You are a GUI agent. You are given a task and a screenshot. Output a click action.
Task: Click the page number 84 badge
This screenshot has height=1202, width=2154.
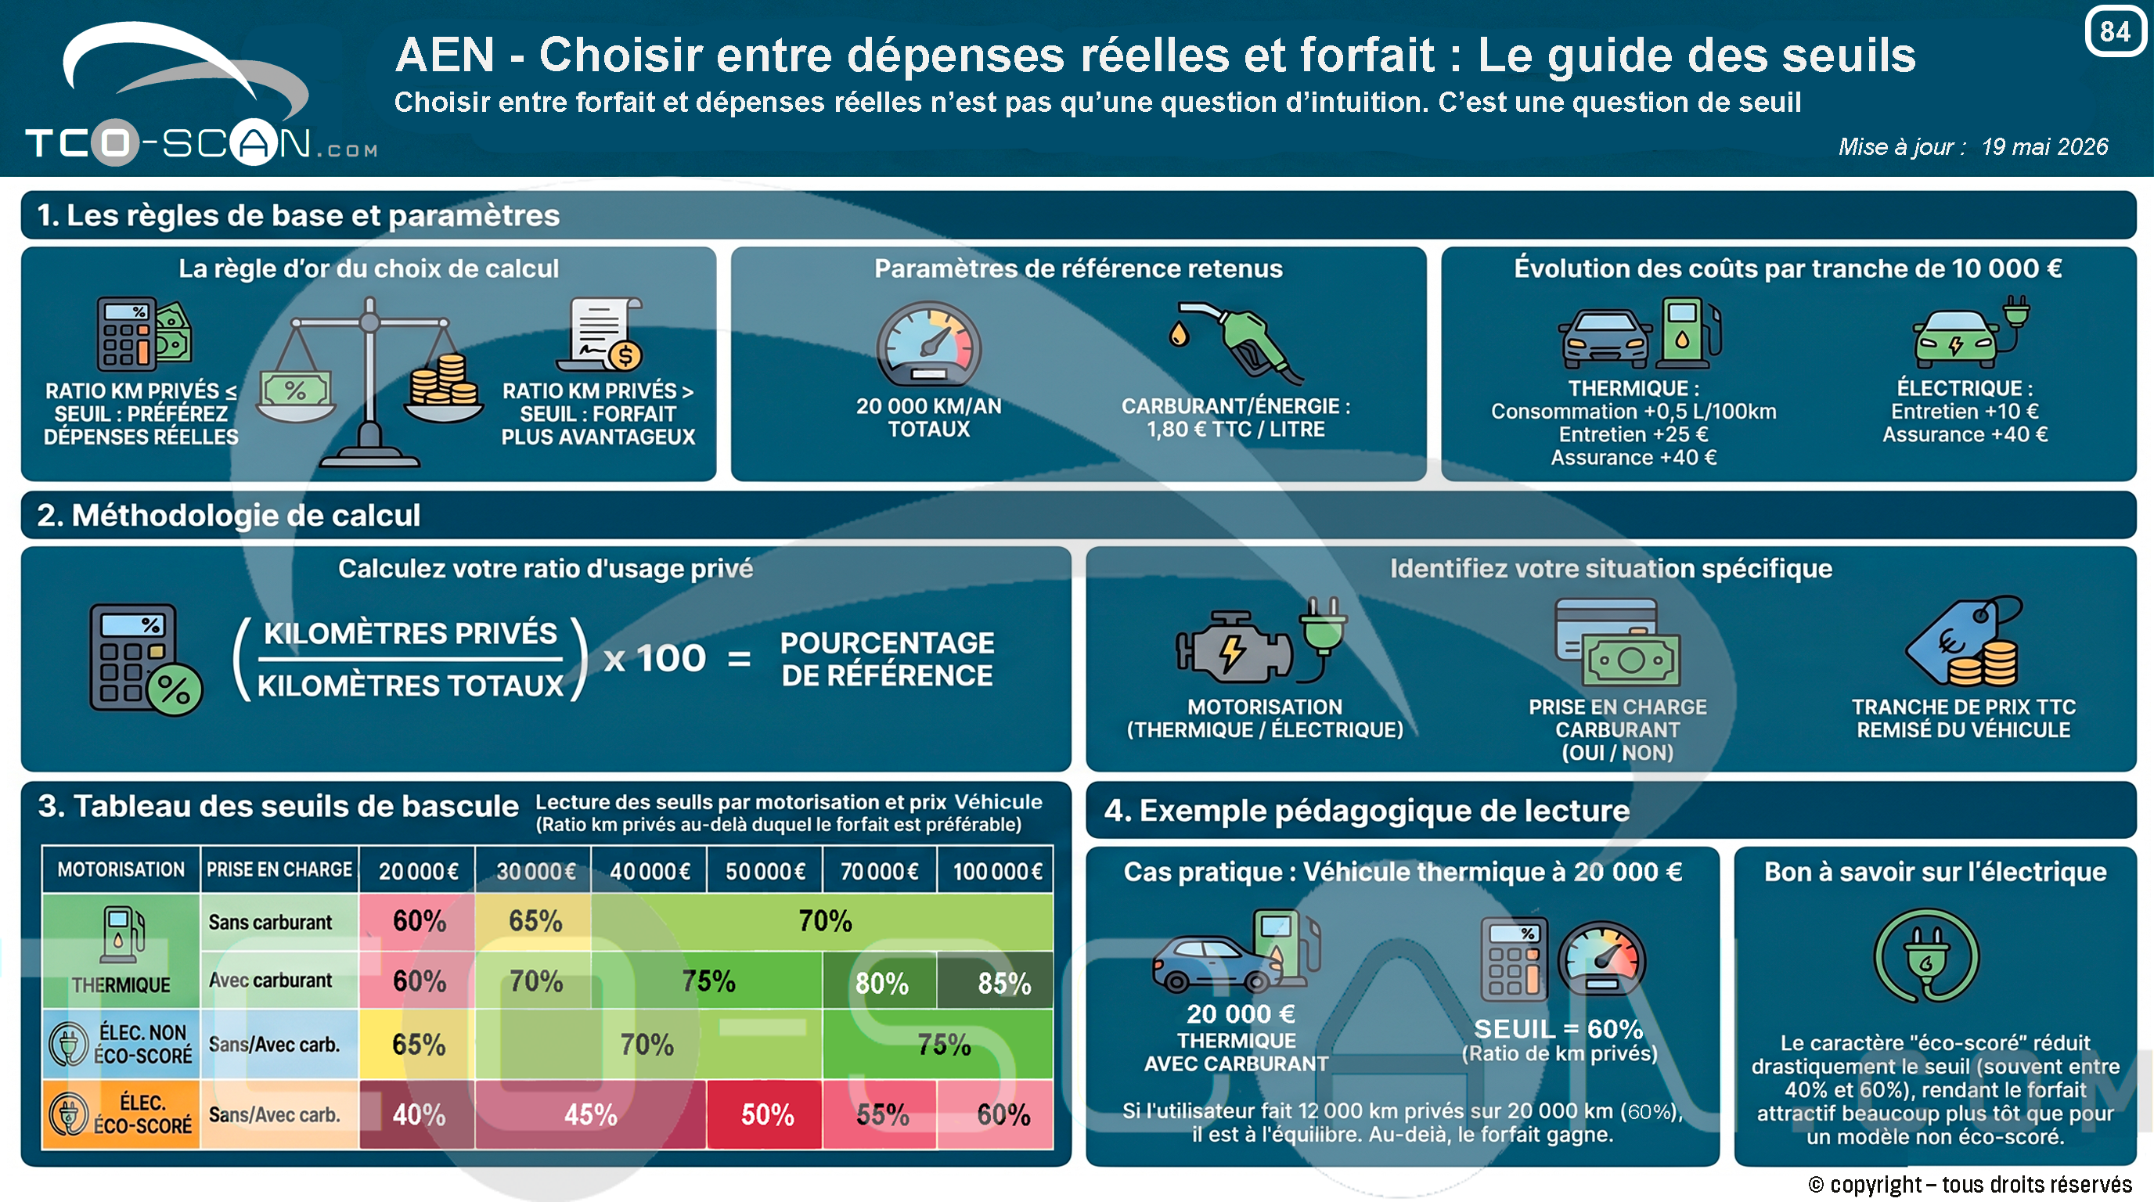(x=2116, y=31)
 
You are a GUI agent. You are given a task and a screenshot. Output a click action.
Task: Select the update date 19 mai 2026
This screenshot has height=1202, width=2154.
(x=2044, y=146)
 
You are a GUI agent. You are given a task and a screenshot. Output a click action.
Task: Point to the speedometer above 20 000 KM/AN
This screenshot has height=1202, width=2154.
(x=928, y=344)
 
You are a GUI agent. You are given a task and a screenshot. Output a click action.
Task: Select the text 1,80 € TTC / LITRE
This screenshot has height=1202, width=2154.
(x=1236, y=430)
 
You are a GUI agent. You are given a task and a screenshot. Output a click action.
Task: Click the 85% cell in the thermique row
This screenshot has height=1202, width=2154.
(x=1004, y=983)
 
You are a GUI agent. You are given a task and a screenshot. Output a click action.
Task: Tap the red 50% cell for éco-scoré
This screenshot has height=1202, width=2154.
(x=766, y=1115)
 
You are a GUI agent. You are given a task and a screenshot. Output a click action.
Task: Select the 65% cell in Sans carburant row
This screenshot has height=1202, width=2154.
(x=535, y=921)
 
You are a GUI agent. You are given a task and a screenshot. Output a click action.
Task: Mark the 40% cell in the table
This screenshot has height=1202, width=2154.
(x=419, y=1115)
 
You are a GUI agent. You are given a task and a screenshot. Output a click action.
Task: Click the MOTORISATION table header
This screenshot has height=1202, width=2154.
(x=121, y=870)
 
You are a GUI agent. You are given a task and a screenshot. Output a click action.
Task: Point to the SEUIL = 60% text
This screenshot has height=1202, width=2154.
(x=1558, y=1029)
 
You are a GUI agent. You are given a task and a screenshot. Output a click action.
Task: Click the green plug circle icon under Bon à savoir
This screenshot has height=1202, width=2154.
(x=1926, y=955)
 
